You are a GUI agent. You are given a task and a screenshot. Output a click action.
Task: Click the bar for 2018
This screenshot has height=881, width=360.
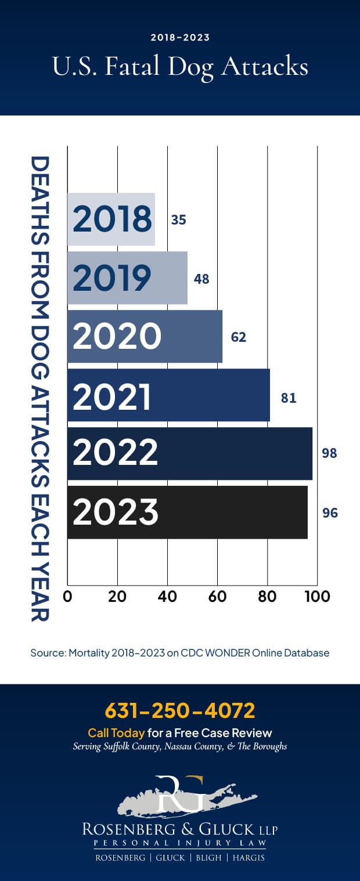[x=111, y=219]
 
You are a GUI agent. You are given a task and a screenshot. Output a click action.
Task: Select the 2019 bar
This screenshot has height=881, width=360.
[x=127, y=278]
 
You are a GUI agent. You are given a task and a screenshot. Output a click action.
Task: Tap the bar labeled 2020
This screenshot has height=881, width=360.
[x=145, y=337]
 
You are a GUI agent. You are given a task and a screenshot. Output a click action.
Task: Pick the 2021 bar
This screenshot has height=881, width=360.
[x=168, y=395]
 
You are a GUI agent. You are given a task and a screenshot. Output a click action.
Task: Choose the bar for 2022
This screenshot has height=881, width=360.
[x=189, y=454]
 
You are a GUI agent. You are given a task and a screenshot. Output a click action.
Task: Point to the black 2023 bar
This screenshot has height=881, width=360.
[x=187, y=512]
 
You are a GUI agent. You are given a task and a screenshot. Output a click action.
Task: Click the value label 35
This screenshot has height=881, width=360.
[x=178, y=220]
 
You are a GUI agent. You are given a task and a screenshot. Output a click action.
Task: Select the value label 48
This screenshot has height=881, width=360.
[x=201, y=279]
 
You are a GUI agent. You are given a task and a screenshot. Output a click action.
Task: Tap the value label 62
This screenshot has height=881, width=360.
[x=239, y=337]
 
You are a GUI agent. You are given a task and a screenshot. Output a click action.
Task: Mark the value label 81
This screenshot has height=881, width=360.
[x=289, y=398]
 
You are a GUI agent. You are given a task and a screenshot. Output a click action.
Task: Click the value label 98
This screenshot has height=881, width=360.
[x=329, y=453]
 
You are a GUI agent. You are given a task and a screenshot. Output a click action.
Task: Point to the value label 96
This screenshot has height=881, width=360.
[x=330, y=513]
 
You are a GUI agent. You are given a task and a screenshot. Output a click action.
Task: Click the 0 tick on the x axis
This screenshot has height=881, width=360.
[x=68, y=597]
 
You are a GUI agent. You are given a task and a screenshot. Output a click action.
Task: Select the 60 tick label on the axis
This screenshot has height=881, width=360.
[x=218, y=597]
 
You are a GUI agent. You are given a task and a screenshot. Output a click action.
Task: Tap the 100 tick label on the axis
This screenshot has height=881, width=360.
[x=317, y=597]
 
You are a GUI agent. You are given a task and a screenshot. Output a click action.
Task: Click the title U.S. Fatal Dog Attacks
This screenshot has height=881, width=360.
[x=180, y=67]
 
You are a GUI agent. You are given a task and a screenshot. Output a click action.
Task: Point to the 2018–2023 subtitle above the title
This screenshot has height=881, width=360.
[x=180, y=38]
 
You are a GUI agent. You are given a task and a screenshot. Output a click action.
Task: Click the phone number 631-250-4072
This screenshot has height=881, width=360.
[x=180, y=710]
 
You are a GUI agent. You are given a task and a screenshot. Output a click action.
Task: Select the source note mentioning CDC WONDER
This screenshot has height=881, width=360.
[x=180, y=653]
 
